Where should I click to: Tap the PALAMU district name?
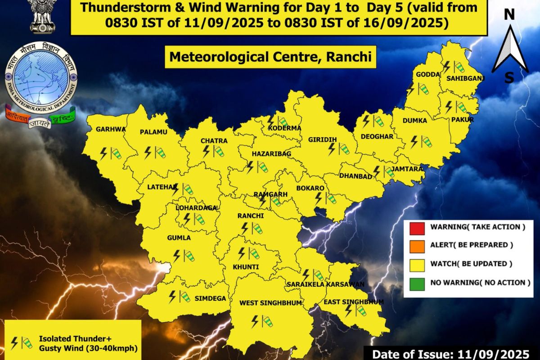(153, 132)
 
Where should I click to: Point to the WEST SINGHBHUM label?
(270, 303)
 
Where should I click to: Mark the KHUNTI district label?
(245, 267)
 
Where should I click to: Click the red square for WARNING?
(415, 227)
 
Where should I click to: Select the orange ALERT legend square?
(415, 245)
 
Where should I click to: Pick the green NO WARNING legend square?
(415, 283)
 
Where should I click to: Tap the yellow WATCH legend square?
(415, 264)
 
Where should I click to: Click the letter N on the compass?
(509, 14)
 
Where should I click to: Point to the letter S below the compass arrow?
(509, 78)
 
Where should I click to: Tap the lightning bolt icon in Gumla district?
(176, 256)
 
